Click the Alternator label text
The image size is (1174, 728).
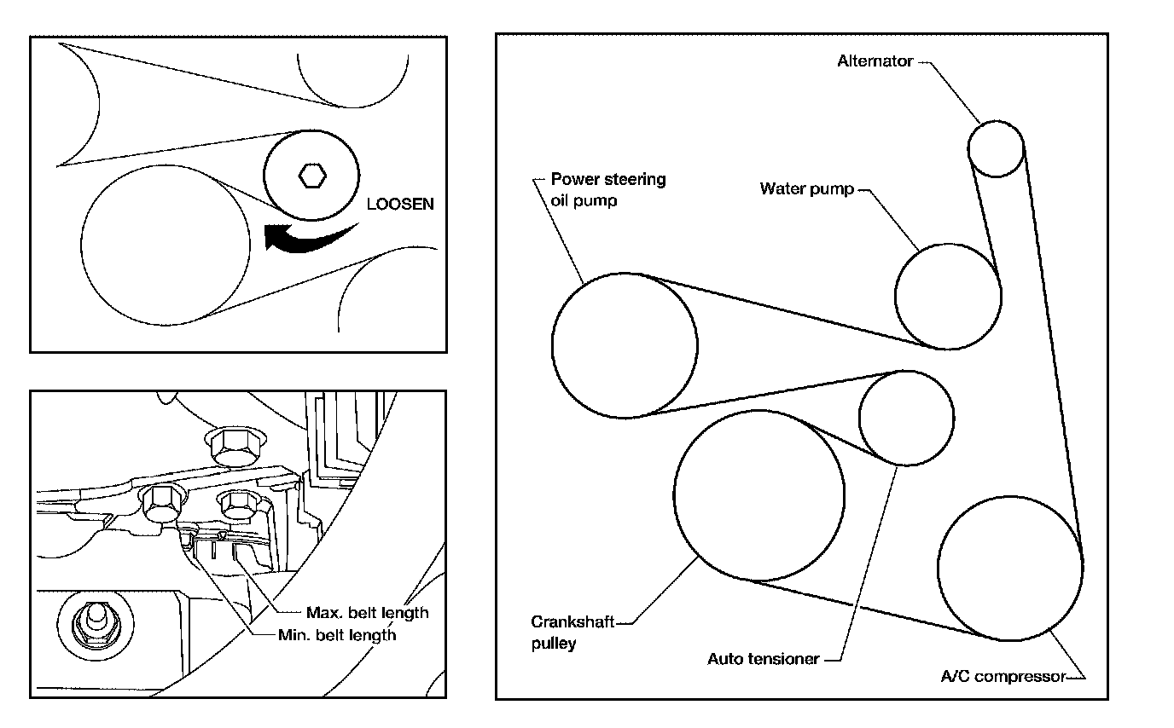[x=875, y=61]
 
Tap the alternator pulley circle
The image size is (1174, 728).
[x=996, y=122]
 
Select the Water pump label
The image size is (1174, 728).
[x=807, y=188]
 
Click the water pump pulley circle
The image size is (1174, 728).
[x=948, y=244]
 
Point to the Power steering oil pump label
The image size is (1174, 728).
[x=608, y=189]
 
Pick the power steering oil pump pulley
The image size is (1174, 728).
[x=625, y=274]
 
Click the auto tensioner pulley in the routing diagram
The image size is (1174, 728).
[x=906, y=372]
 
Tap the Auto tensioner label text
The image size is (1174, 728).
[x=763, y=659]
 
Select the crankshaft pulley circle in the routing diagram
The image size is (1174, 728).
[x=758, y=411]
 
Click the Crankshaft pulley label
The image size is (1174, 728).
[x=572, y=633]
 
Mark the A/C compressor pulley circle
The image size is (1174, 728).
[x=1010, y=497]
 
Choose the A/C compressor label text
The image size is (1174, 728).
[x=1003, y=677]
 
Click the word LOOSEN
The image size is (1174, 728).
[x=400, y=204]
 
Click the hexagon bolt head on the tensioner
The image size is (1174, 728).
[x=312, y=176]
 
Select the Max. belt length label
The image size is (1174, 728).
[x=368, y=612]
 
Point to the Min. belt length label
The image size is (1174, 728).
[x=337, y=635]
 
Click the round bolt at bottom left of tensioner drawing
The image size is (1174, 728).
[x=96, y=624]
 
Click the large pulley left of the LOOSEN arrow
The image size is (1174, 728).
[x=166, y=166]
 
